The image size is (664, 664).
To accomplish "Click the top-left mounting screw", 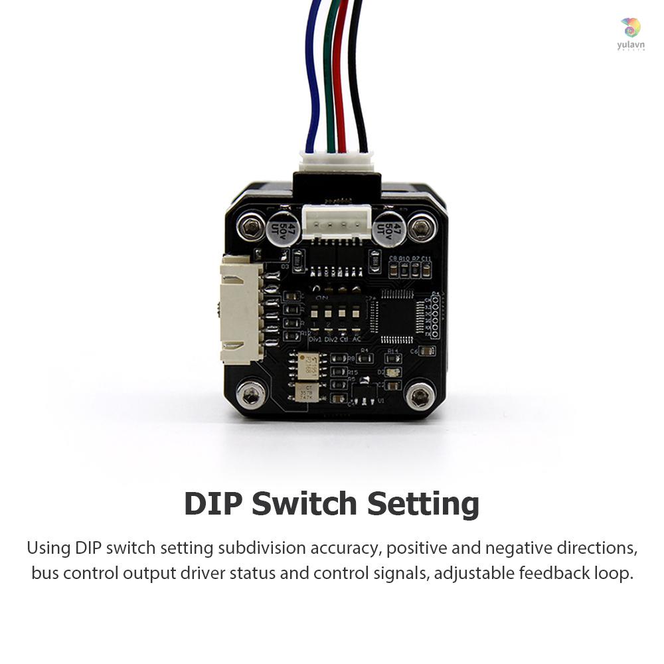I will (x=250, y=228).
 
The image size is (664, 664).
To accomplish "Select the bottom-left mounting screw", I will (x=251, y=396).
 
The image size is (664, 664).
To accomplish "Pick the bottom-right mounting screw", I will (x=419, y=396).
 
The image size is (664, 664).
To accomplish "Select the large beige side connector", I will (x=241, y=310).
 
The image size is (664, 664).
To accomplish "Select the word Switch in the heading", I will (x=310, y=504).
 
